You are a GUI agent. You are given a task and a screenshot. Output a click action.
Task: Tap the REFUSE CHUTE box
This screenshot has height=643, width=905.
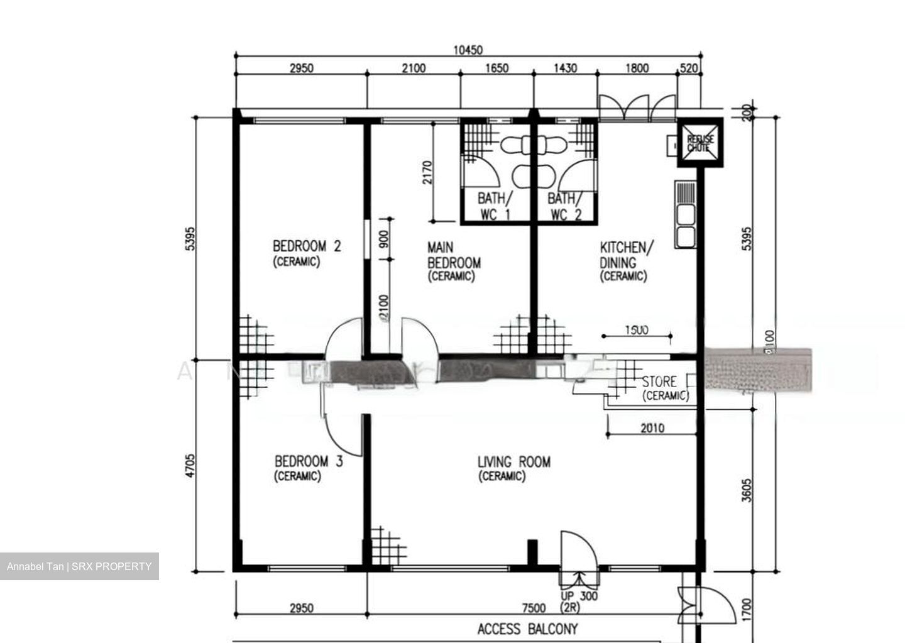tap(700, 143)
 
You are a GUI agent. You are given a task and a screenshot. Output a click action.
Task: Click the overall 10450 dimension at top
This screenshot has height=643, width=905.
tap(468, 50)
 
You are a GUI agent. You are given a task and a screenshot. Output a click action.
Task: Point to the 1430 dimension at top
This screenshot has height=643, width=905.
tap(564, 69)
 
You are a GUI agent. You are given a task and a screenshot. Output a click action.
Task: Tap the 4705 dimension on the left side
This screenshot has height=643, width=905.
tap(190, 466)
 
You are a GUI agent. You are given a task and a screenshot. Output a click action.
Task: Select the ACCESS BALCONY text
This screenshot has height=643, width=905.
tap(527, 629)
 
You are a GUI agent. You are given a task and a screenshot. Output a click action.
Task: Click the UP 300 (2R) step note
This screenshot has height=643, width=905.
tap(579, 602)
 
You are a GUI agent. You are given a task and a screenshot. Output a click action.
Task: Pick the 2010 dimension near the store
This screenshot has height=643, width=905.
tap(652, 429)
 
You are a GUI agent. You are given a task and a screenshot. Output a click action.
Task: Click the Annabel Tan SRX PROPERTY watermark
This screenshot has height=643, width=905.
tap(79, 566)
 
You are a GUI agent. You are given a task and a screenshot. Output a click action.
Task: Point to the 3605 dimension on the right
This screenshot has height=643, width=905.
tap(746, 490)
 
